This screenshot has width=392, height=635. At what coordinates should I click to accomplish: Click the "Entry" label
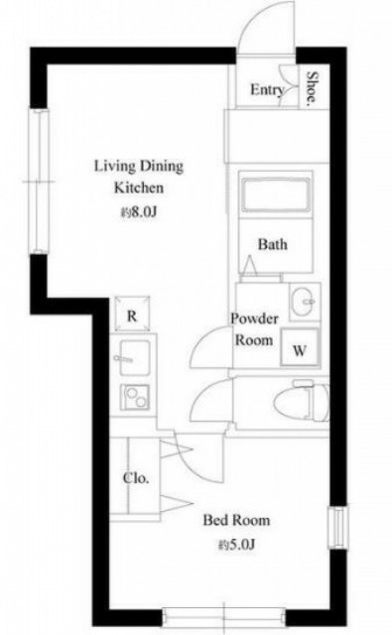(x=267, y=90)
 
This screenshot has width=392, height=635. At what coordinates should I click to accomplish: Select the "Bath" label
(x=273, y=244)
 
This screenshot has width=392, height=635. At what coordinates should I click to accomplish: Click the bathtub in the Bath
(x=275, y=195)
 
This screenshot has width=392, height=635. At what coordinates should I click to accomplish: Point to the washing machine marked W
(x=300, y=348)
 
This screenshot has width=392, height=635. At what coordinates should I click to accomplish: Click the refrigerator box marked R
(x=132, y=315)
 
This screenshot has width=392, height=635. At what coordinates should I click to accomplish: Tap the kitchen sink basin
(x=134, y=357)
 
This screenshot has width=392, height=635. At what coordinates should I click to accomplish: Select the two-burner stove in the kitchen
(x=135, y=397)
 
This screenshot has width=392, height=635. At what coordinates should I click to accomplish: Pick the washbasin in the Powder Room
(x=304, y=302)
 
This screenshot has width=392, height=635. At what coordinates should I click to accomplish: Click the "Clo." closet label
(x=136, y=478)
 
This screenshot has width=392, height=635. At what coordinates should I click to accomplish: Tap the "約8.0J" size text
(x=139, y=211)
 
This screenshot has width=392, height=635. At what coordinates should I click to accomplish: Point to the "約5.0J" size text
(x=236, y=544)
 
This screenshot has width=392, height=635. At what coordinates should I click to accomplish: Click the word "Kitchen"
(x=139, y=188)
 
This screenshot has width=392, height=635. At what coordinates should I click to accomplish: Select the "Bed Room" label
(x=236, y=520)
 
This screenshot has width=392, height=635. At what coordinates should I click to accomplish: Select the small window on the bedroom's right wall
(x=338, y=528)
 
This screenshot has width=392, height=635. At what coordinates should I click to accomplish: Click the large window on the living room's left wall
(x=39, y=182)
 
